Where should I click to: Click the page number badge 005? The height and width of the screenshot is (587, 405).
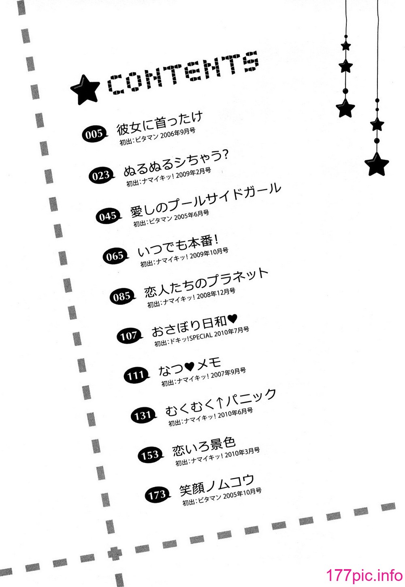[x=95, y=135]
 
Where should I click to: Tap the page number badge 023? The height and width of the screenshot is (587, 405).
[x=102, y=175]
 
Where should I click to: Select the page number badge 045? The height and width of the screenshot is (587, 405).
[x=109, y=216]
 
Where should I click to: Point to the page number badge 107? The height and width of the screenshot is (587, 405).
[x=130, y=336]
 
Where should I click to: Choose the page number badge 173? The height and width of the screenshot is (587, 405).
[x=158, y=495]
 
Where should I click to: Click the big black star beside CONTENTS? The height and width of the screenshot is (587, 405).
[x=85, y=90]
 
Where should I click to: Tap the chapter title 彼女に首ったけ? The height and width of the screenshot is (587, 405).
[x=160, y=123]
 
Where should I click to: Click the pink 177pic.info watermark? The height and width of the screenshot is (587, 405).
[x=364, y=576]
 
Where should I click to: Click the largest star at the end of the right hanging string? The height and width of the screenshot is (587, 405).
[x=377, y=164]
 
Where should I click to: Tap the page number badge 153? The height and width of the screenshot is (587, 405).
[x=151, y=455]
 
